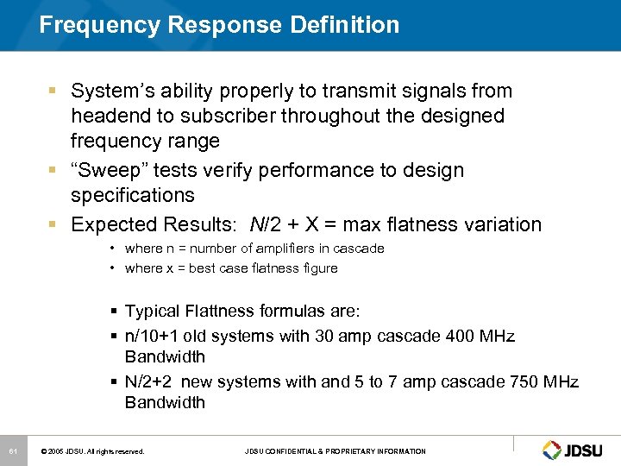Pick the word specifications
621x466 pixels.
(x=134, y=195)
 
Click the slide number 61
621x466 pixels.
(x=12, y=451)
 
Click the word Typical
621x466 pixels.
(x=154, y=312)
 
